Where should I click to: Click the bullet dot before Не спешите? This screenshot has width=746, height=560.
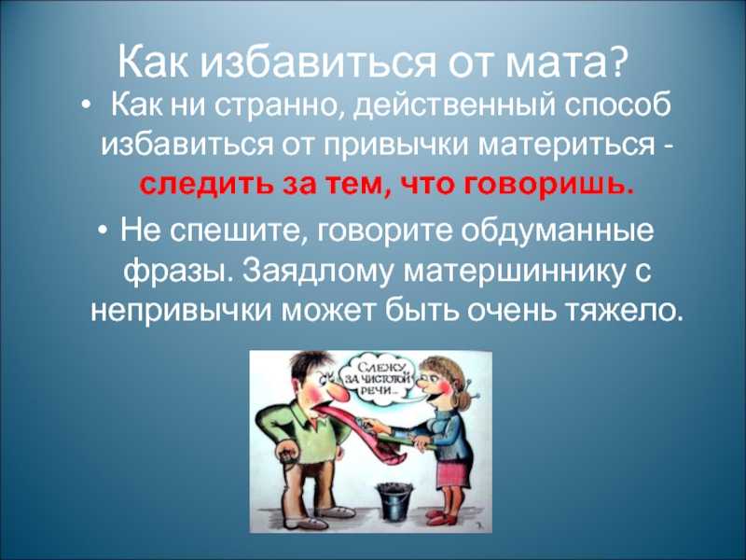click(x=104, y=231)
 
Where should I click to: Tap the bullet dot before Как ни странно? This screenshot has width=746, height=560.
click(x=85, y=105)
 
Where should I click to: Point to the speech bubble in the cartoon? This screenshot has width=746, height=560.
click(x=380, y=381)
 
